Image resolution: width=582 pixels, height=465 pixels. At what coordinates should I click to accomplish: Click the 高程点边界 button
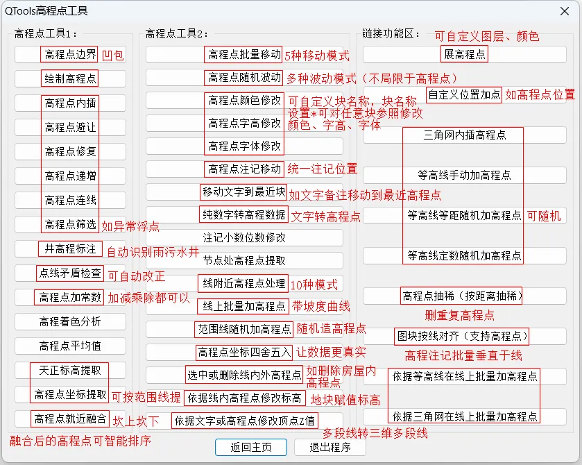[70, 54]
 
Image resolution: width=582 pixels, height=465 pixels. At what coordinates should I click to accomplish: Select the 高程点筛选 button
[70, 224]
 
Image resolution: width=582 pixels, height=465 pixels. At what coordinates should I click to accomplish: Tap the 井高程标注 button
[70, 248]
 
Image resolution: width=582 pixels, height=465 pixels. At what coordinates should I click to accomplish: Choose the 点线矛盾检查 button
[70, 273]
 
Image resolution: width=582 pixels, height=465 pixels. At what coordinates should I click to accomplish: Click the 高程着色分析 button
[70, 321]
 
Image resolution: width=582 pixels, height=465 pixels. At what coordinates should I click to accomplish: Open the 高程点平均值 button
[70, 346]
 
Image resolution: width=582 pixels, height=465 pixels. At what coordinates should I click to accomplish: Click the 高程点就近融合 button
[70, 418]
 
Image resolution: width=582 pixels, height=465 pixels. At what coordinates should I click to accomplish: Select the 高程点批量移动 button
[244, 54]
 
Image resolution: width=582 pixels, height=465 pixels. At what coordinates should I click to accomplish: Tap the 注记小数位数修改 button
[244, 237]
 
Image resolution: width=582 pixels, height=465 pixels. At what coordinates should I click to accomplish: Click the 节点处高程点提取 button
[244, 261]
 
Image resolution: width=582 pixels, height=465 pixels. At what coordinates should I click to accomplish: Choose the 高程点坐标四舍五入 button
[244, 352]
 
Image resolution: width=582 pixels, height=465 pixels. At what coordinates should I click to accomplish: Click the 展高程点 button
[464, 54]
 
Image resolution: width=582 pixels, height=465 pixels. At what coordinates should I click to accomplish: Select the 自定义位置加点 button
[464, 94]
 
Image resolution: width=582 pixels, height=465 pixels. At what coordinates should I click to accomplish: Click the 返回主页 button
[250, 447]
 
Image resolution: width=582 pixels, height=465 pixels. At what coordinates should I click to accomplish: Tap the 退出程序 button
[329, 447]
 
